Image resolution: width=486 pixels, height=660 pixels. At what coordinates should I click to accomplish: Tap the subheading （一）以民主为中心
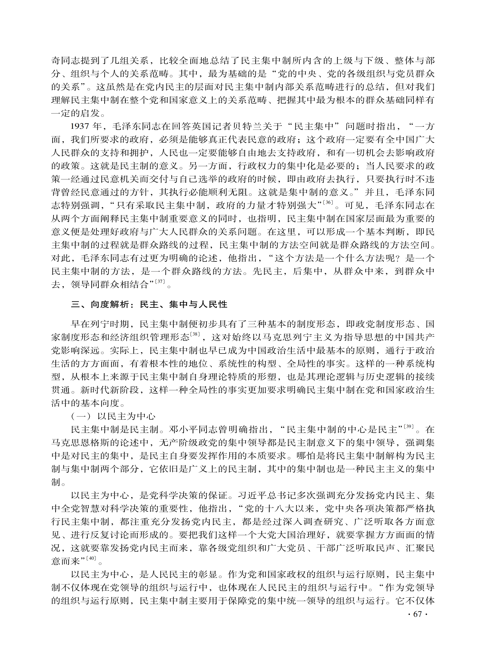coord(113,416)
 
